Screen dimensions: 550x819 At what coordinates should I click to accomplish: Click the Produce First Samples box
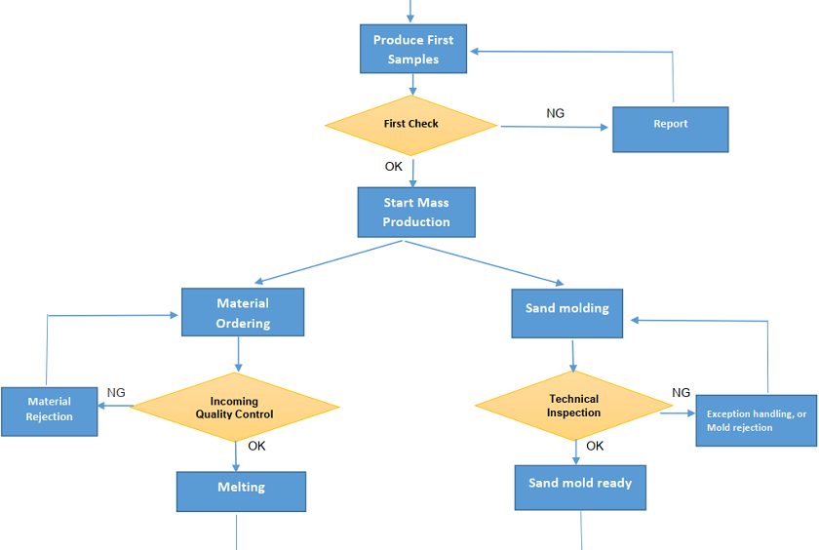coord(413,49)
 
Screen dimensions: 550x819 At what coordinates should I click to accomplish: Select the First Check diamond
coord(410,124)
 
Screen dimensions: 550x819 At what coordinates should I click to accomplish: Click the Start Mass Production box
coord(416,213)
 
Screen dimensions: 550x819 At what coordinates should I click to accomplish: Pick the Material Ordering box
coord(243,313)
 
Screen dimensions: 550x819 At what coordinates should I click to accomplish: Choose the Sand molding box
coord(567,313)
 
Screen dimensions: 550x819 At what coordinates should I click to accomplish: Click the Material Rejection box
coord(49,410)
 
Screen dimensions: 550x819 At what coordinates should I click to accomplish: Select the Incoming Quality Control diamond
coord(235,407)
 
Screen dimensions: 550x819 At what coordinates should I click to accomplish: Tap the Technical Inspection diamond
coord(574,406)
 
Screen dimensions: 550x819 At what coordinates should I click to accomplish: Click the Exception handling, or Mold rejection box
coord(756,420)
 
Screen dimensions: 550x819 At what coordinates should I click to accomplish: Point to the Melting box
coord(241,491)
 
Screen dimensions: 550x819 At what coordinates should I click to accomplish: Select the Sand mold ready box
coord(580,487)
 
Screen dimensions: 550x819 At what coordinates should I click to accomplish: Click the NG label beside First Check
coord(555,113)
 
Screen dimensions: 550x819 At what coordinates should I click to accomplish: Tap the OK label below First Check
coord(393,167)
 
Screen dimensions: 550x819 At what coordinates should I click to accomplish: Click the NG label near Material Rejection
coord(116,392)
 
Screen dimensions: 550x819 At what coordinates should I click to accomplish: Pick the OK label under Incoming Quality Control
coord(256,446)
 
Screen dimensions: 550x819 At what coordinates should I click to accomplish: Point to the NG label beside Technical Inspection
coord(681,392)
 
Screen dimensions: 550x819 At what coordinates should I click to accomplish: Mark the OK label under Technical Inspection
coord(595,446)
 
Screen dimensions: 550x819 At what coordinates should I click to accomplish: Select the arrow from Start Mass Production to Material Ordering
coord(327,262)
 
